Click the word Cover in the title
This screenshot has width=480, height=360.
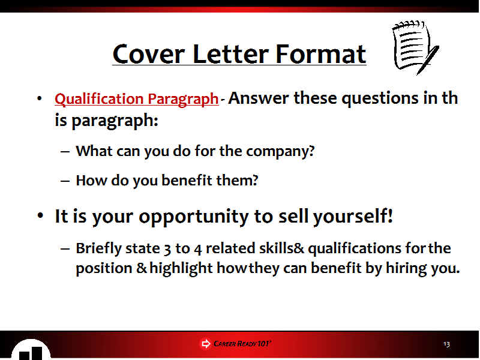tap(149, 54)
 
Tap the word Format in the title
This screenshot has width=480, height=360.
tap(320, 54)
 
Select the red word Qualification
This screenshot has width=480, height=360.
tap(99, 99)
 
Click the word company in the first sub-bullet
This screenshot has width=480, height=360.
tap(280, 151)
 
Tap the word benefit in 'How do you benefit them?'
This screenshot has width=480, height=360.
tap(187, 180)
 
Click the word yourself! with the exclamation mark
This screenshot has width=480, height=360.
tap(353, 217)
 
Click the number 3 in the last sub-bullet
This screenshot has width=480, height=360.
tap(167, 249)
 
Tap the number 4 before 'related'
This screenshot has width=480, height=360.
tap(198, 249)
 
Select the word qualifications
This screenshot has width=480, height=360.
tap(354, 248)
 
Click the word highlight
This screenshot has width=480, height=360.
tap(181, 268)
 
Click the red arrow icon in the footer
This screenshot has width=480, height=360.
tap(205, 344)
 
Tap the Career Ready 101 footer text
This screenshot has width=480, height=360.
tap(242, 344)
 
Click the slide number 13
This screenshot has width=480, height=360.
tap(446, 344)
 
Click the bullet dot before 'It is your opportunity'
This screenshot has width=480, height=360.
tap(40, 215)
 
